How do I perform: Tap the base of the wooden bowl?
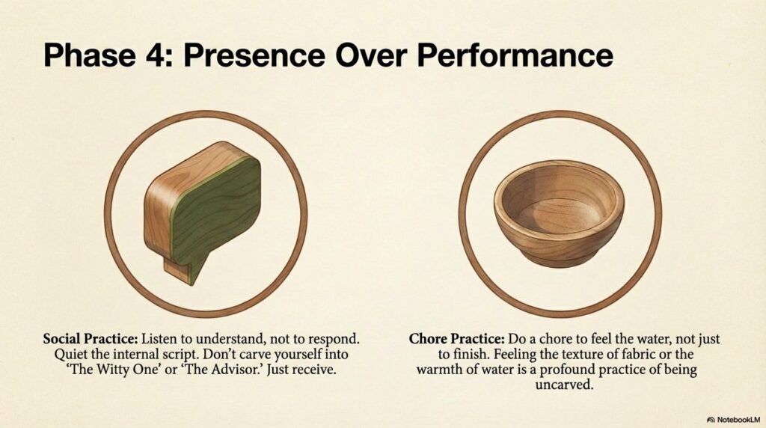(x=559, y=258)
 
